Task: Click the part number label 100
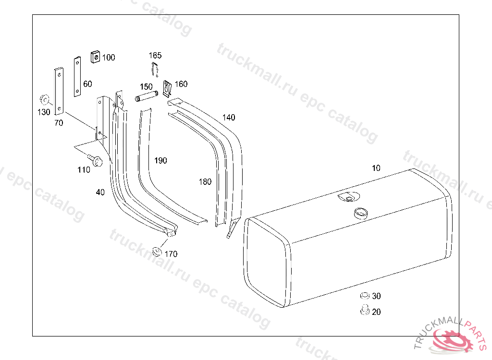tap(109, 58)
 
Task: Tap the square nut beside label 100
tap(96, 57)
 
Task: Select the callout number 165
tap(155, 56)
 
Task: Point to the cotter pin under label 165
tap(154, 69)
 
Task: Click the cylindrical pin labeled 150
tap(146, 96)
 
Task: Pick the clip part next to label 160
tap(167, 88)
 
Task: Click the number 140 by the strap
tap(229, 117)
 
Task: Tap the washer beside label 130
tap(44, 99)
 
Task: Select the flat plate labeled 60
tap(77, 76)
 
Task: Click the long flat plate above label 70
tap(59, 91)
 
